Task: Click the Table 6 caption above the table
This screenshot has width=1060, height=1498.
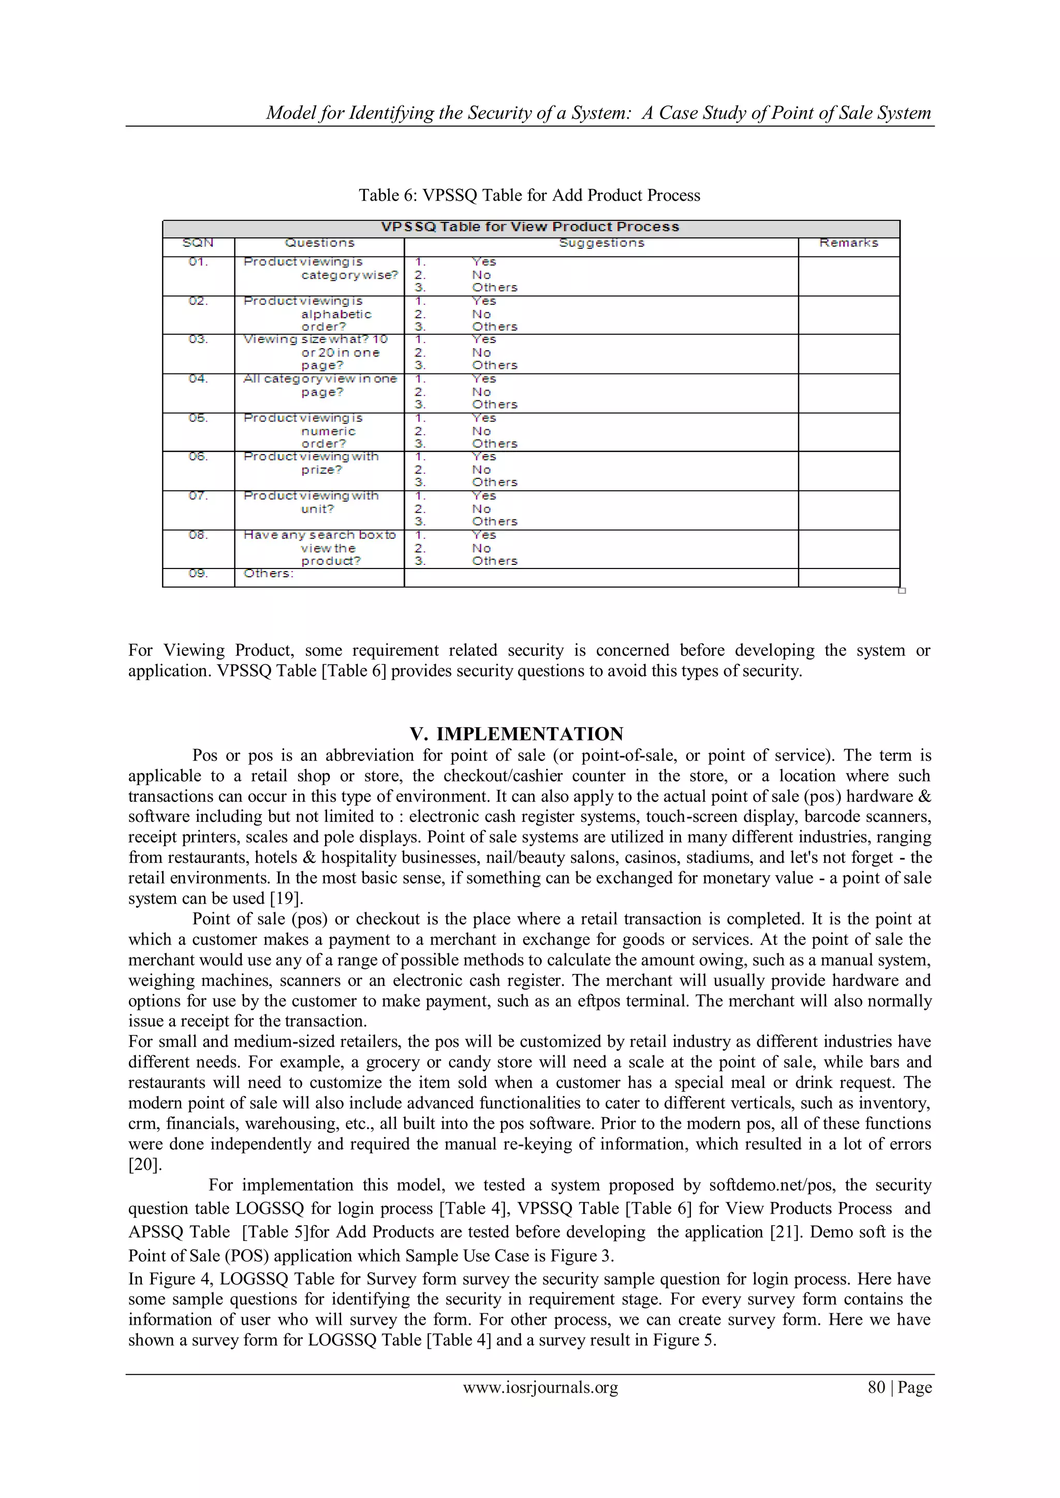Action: [529, 195]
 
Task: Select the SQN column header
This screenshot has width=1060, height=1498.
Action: [198, 243]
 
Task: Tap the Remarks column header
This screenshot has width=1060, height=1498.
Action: [848, 243]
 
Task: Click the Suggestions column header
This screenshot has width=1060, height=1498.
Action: [601, 243]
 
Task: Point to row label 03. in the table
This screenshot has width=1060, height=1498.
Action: [198, 339]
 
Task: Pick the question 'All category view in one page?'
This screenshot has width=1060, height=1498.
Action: [320, 385]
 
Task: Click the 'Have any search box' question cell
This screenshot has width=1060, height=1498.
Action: [320, 547]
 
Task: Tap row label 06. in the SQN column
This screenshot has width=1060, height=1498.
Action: [198, 457]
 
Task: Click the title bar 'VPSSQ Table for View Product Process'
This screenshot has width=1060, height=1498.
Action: [530, 227]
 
